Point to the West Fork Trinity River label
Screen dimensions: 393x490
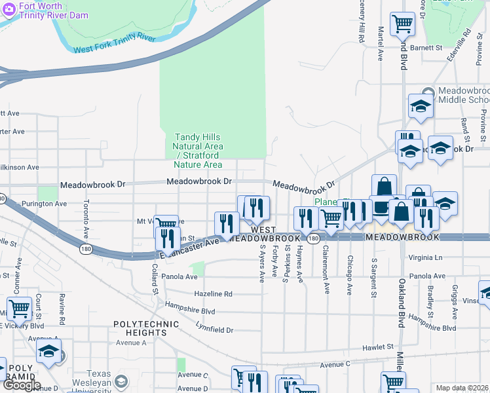pyautogui.click(x=114, y=44)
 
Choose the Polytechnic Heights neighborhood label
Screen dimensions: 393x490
pyautogui.click(x=146, y=329)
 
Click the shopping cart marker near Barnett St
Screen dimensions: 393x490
pyautogui.click(x=402, y=24)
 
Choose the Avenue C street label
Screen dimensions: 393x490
pyautogui.click(x=335, y=364)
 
